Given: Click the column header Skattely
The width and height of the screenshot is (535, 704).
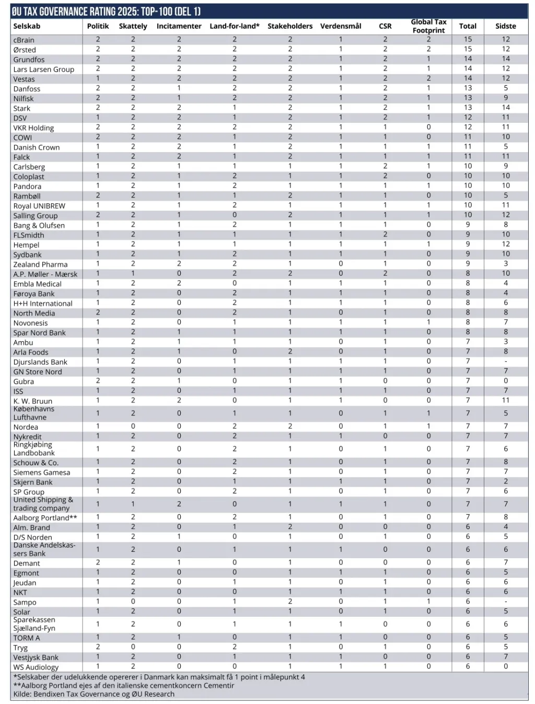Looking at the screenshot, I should pos(133,26).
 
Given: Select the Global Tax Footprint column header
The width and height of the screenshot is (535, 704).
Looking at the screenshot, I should pos(428,26).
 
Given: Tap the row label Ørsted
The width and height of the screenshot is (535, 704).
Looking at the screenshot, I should pos(25,50).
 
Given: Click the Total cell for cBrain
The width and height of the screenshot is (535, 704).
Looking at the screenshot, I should pos(468,39).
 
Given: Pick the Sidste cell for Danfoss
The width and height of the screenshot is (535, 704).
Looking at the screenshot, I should pos(505,88).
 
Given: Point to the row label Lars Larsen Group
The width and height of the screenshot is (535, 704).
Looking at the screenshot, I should pos(44,69).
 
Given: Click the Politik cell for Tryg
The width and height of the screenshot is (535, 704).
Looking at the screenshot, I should pos(98,647).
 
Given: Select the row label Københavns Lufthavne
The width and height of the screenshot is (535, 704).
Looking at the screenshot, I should pos(34,413).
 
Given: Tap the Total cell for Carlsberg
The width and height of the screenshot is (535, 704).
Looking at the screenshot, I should pos(468,166).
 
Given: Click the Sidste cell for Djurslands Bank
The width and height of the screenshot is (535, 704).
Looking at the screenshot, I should pos(505,361).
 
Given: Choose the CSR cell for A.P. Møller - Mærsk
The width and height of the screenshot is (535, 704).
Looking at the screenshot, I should pos(385,273).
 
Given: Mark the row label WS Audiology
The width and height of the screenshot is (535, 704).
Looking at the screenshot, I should pos(36,667).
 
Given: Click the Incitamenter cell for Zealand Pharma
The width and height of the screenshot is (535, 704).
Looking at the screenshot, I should pos(179,264).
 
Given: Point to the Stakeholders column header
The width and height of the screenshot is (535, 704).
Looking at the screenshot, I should pos(290,26).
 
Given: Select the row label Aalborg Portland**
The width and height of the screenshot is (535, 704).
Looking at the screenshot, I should pos(45,517).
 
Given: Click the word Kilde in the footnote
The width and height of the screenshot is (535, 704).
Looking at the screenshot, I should pos(22,694).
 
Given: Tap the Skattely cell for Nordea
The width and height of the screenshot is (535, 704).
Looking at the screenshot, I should pos(133,426).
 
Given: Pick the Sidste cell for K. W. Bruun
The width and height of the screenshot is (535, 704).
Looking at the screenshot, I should pos(505,400).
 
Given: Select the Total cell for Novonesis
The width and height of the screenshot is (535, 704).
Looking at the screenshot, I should pos(468,322).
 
